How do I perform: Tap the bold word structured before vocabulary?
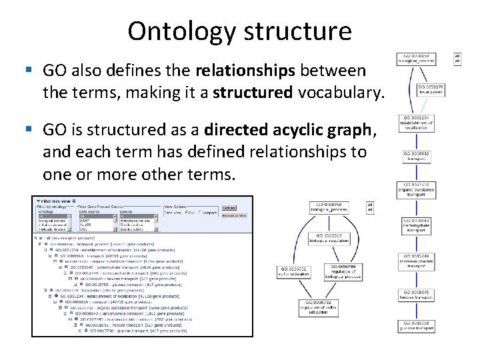(x=252, y=93)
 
